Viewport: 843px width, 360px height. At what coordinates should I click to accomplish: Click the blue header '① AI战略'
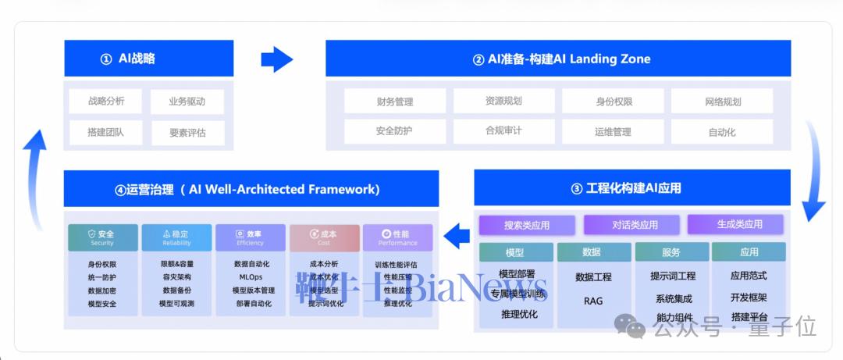click(x=148, y=59)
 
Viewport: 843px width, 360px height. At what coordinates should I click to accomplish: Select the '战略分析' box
click(x=105, y=101)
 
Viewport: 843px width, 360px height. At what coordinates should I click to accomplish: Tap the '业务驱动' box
click(x=187, y=101)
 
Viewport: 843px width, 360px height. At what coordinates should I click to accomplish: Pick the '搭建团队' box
click(x=105, y=133)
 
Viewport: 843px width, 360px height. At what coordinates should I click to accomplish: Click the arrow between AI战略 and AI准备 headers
click(x=276, y=59)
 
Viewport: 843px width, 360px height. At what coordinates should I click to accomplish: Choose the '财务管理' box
click(x=394, y=101)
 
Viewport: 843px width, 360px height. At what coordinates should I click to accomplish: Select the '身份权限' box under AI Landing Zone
click(x=613, y=101)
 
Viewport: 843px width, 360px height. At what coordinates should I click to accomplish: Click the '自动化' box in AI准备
click(x=722, y=132)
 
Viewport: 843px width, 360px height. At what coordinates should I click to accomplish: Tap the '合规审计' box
click(x=503, y=131)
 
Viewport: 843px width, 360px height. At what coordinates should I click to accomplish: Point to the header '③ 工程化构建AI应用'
click(x=632, y=187)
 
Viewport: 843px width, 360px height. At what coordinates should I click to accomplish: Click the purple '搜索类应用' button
click(x=526, y=225)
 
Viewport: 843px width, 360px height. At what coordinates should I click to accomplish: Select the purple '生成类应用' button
click(x=739, y=224)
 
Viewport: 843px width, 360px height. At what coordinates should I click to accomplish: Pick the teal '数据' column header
click(x=593, y=252)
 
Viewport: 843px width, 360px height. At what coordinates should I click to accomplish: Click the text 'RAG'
click(x=593, y=301)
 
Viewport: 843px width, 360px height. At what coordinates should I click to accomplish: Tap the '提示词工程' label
click(x=672, y=276)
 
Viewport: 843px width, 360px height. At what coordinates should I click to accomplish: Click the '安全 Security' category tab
click(x=102, y=237)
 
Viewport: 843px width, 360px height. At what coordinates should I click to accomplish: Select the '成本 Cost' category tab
click(x=324, y=237)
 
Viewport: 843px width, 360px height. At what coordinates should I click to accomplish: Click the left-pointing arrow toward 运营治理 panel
click(x=456, y=233)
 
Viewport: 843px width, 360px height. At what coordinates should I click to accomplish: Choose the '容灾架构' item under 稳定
click(x=176, y=277)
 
